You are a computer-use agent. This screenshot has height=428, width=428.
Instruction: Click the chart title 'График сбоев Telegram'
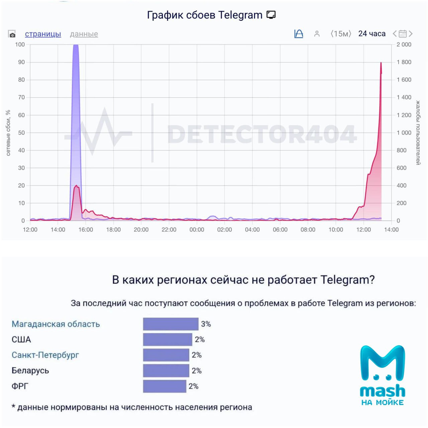(205, 15)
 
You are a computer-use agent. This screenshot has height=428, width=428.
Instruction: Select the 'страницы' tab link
(43, 34)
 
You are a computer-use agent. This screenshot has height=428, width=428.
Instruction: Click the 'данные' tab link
(84, 34)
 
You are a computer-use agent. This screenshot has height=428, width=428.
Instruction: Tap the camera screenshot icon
(12, 34)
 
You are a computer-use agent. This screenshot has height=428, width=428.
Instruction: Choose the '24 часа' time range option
(372, 34)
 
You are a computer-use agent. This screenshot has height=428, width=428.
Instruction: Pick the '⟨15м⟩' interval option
(341, 34)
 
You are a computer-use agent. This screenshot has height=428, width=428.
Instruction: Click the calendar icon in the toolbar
(403, 34)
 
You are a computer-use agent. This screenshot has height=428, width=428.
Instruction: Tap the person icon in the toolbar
(317, 34)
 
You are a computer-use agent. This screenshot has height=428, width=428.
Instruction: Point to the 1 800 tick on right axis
(404, 62)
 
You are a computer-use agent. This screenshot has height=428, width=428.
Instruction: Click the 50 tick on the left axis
(21, 133)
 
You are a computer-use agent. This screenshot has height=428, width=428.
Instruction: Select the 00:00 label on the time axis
(197, 230)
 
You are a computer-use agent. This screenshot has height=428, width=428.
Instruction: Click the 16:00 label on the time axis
(86, 230)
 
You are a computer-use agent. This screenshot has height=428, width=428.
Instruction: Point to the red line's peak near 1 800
(381, 63)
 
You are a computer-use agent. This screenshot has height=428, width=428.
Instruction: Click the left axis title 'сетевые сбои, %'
(8, 133)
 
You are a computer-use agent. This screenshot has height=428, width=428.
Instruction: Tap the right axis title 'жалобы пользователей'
(418, 133)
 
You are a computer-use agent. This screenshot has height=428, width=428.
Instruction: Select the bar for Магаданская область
(171, 324)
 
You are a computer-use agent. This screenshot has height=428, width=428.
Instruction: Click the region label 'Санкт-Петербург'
(45, 355)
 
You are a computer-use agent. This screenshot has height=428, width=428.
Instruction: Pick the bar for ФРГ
(165, 386)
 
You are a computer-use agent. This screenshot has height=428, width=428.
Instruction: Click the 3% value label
(206, 324)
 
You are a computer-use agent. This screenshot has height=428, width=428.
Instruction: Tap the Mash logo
(383, 374)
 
